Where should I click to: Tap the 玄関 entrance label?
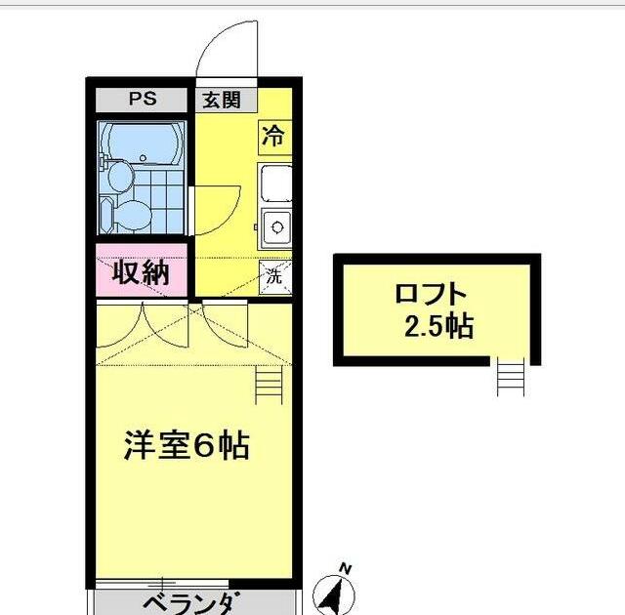[x=223, y=100]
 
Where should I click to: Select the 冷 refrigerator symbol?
[x=274, y=137]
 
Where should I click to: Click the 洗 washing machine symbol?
[x=274, y=275]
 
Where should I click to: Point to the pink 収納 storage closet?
[x=141, y=273]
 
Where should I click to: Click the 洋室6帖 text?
[x=186, y=446]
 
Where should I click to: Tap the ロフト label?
[x=431, y=294]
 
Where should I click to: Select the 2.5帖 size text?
[x=438, y=326]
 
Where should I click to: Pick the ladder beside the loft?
[x=510, y=377]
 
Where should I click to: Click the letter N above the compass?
[x=344, y=566]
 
